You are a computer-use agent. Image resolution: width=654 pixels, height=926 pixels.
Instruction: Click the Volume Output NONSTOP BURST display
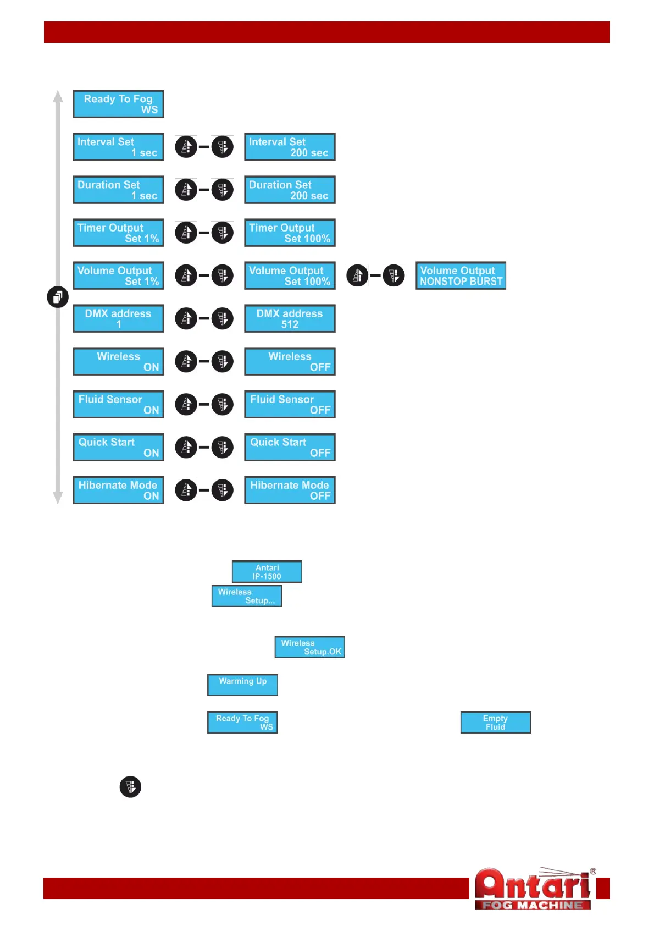[x=461, y=275]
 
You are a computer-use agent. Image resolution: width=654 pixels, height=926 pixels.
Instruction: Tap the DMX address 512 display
[x=290, y=318]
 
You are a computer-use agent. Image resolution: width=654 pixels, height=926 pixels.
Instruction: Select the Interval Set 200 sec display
[x=290, y=147]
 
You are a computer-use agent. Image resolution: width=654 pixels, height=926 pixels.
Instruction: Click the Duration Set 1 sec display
[x=118, y=190]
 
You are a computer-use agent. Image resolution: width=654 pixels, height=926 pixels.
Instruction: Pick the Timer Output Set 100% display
[x=290, y=233]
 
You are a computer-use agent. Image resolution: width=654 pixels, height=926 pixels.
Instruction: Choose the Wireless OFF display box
[x=290, y=361]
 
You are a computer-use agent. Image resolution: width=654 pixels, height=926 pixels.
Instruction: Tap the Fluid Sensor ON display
[x=118, y=404]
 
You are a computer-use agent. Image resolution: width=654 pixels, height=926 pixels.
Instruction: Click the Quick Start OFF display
[x=290, y=447]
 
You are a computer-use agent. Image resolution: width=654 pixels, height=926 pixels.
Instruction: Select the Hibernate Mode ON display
[x=118, y=490]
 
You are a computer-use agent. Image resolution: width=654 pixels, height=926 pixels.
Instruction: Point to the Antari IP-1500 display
[x=267, y=572]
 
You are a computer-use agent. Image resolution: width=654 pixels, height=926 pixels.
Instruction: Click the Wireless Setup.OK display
[x=310, y=647]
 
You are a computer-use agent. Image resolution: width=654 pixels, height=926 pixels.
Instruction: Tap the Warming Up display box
[x=242, y=685]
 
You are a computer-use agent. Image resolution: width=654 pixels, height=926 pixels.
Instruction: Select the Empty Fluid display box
[x=495, y=723]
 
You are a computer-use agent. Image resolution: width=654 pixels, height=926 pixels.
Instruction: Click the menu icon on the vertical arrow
[x=58, y=297]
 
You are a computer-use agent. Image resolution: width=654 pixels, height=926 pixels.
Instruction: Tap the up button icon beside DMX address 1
[x=186, y=318]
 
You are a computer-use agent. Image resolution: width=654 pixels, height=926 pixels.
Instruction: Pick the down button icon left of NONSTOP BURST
[x=394, y=275]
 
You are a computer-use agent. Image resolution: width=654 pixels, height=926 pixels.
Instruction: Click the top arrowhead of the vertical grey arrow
[x=58, y=96]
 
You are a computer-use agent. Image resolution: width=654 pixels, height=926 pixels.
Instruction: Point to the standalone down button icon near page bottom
[x=130, y=787]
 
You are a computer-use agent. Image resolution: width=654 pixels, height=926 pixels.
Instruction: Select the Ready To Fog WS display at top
[x=118, y=104]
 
